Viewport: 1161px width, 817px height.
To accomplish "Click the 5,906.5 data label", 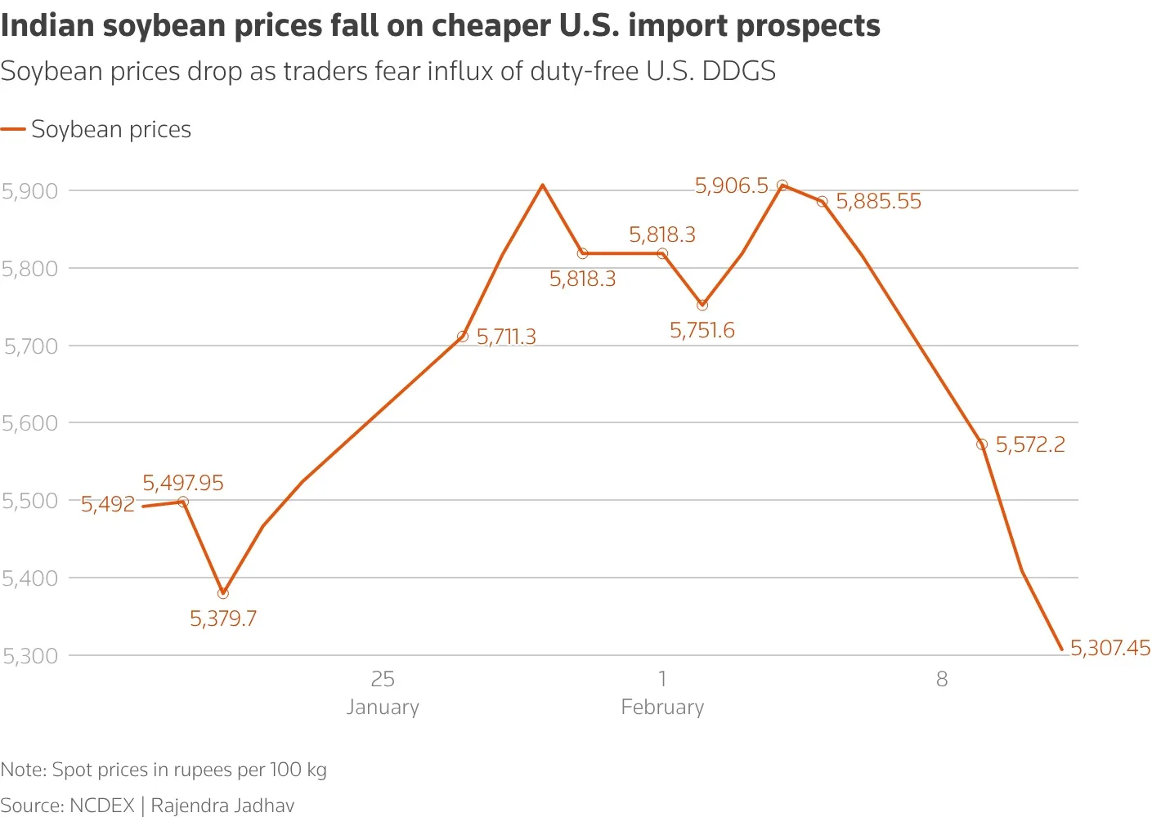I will tap(732, 185).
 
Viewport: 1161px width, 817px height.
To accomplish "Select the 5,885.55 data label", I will tap(878, 201).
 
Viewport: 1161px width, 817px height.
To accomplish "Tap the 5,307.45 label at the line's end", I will tap(1109, 648).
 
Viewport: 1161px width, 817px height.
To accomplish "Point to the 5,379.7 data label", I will tap(223, 618).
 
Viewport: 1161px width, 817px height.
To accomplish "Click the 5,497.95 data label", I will tap(183, 483).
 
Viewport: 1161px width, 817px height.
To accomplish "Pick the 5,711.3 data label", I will tap(506, 337).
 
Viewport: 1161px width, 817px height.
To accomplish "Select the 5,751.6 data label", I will tap(702, 330).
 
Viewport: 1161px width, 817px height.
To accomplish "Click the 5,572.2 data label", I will tap(1030, 444).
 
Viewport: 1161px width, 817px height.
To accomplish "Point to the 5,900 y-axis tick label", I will tap(30, 191).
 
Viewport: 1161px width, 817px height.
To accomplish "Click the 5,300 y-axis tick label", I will tap(30, 655).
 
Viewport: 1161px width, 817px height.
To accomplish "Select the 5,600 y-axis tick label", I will tap(30, 423).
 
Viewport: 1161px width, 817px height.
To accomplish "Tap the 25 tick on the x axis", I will tap(383, 679).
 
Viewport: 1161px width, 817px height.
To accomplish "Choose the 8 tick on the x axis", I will tap(942, 679).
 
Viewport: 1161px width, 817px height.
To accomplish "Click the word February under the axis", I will tap(662, 707).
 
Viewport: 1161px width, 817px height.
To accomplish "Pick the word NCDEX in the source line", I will tap(101, 806).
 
